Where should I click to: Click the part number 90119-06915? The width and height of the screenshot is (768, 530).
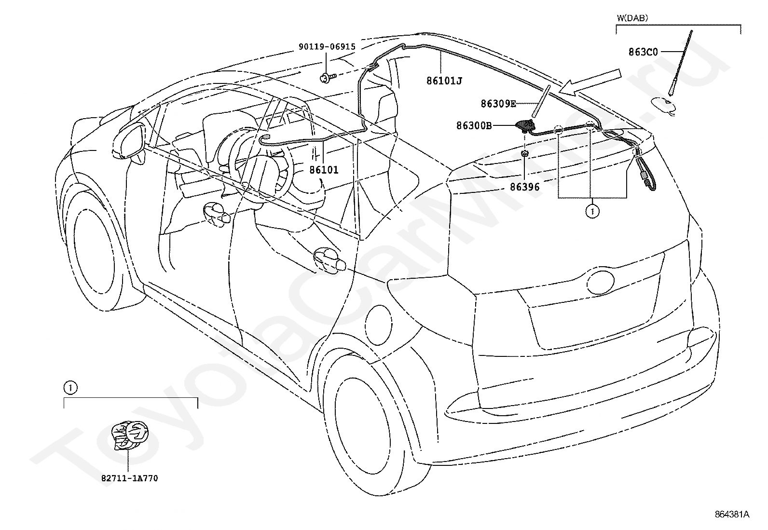click(327, 47)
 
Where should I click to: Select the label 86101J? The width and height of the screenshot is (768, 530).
click(444, 81)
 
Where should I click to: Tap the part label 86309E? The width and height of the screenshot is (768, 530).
click(498, 104)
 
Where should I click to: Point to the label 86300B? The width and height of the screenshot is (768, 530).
click(474, 126)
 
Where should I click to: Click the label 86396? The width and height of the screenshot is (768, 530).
click(524, 187)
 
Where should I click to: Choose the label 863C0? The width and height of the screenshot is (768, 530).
click(643, 52)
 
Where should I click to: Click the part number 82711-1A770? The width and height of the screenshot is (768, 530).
click(130, 478)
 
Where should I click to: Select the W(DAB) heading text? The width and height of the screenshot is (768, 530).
click(632, 18)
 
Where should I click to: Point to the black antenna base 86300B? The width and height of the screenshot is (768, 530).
click(524, 125)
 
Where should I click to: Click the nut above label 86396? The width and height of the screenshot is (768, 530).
click(524, 153)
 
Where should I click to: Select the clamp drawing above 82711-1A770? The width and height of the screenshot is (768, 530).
click(130, 435)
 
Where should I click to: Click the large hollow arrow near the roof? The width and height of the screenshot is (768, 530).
click(590, 82)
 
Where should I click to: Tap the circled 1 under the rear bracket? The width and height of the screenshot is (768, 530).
click(592, 212)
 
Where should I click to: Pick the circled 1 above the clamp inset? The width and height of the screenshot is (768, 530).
click(70, 388)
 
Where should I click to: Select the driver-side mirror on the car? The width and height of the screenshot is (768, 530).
click(130, 141)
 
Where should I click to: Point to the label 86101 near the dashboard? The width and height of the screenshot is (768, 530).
click(324, 170)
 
